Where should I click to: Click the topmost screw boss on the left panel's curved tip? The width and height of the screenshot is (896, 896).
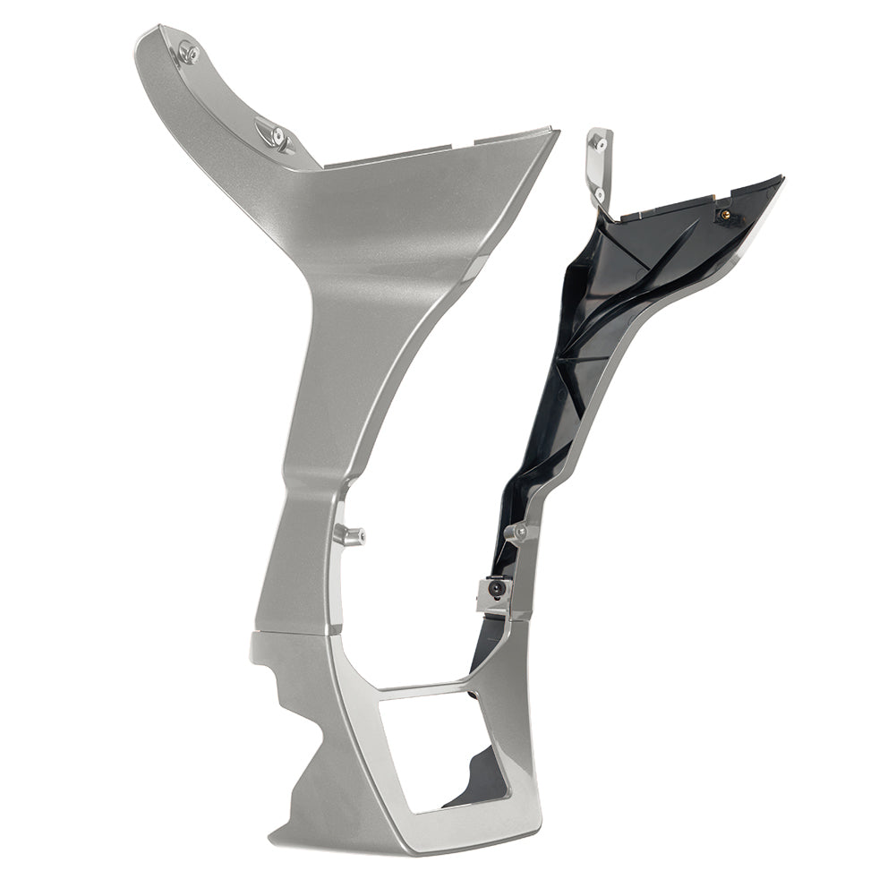tap(187, 52)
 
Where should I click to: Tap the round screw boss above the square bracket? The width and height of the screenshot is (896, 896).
tap(520, 533)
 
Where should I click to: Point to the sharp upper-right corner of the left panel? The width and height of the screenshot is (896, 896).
tap(557, 132)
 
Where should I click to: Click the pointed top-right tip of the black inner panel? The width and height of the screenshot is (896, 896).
tap(781, 178)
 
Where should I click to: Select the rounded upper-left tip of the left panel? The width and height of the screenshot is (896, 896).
tap(143, 36)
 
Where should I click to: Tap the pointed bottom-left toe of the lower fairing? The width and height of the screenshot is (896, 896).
tap(272, 841)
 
